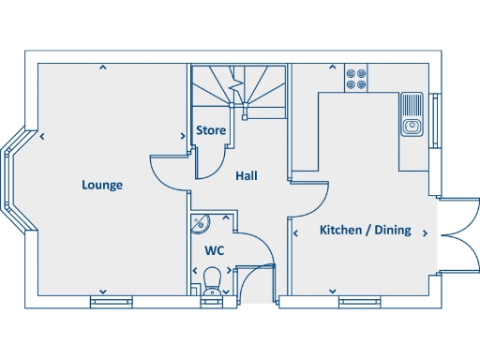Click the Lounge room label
[x=101, y=185]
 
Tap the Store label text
[x=210, y=130]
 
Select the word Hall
[x=247, y=175]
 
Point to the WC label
[x=214, y=251]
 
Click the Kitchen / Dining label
[x=365, y=230]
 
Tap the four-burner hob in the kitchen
[x=355, y=77]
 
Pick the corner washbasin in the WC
[x=200, y=223]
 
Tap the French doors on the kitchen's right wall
[x=455, y=234]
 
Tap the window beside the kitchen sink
[x=434, y=120]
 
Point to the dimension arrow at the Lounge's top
[x=102, y=67]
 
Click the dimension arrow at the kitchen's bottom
[x=332, y=291]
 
